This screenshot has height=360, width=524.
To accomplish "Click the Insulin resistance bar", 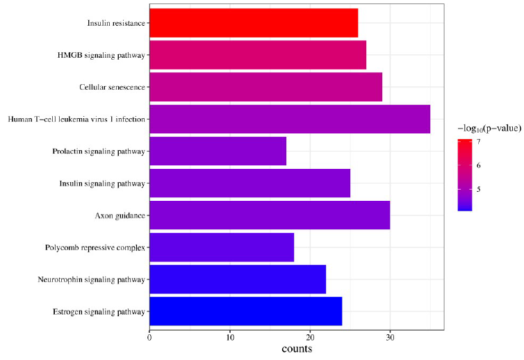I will click(253, 23).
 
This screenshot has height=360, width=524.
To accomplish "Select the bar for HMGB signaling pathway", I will click(257, 55).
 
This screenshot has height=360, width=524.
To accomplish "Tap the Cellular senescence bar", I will click(265, 87).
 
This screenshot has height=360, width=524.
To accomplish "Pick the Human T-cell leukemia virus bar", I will click(289, 119).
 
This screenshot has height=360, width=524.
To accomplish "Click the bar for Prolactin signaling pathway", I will click(218, 151).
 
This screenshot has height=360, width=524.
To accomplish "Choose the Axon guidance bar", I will click(269, 215).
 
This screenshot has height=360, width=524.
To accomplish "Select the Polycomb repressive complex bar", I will click(221, 247).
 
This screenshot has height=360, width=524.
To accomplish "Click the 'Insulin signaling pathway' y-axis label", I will click(102, 183).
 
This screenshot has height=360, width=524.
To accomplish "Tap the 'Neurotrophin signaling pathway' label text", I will click(92, 279).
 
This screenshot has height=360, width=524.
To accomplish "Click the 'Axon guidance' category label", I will click(120, 215).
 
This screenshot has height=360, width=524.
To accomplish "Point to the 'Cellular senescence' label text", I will click(112, 88).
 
